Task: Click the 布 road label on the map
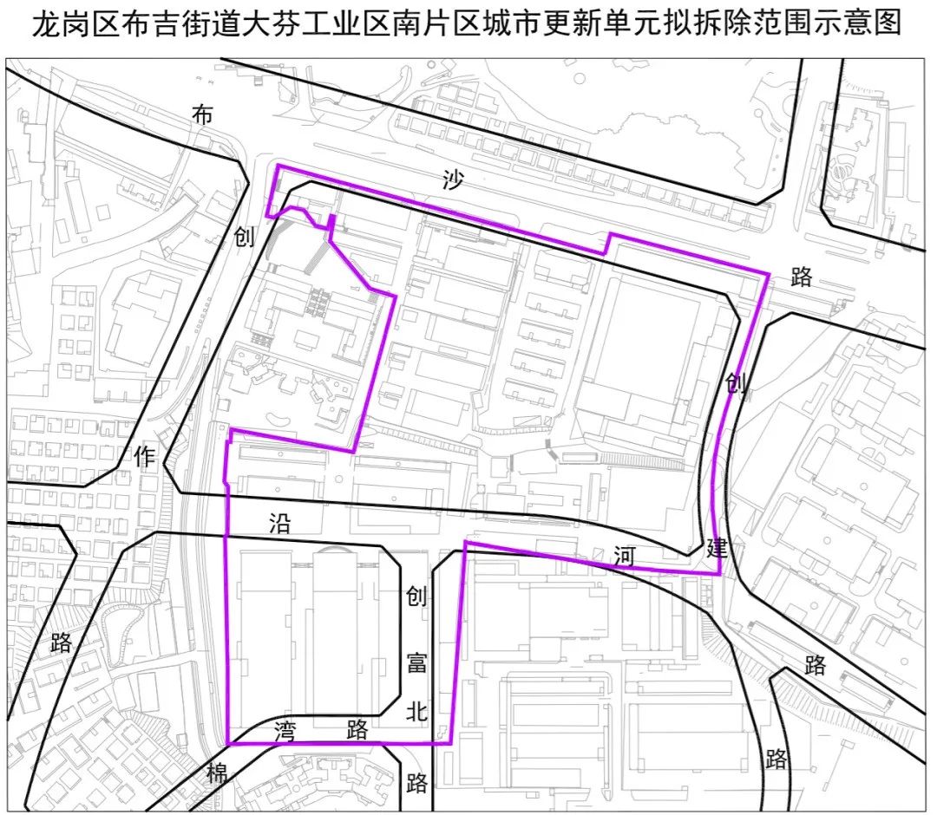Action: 202,114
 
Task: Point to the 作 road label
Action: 145,456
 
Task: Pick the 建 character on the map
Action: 717,548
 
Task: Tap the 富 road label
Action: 417,663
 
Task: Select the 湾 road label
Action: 287,729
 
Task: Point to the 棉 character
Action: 216,773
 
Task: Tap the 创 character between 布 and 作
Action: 245,236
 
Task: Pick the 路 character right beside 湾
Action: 357,729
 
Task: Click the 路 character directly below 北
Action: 417,782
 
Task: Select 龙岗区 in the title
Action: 74,24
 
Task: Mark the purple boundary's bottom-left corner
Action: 228,743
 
